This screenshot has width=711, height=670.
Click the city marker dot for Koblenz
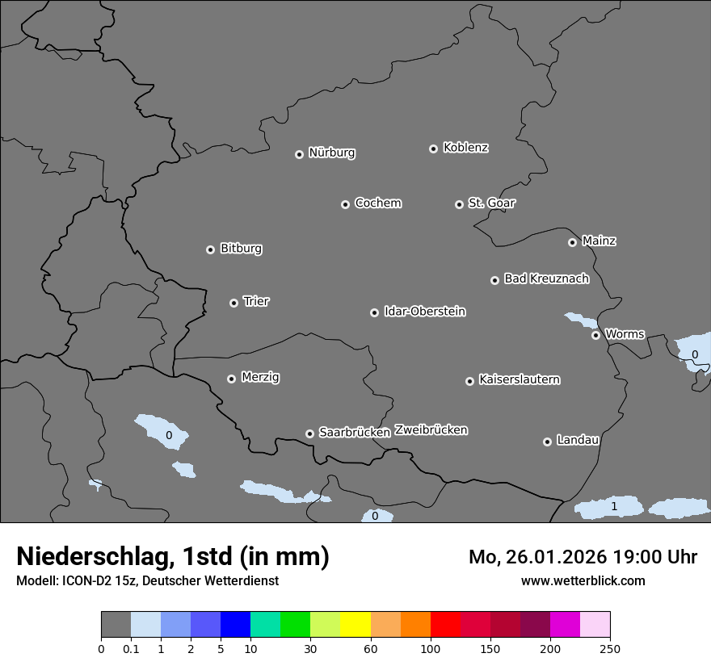click(x=433, y=149)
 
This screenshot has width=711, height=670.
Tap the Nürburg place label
click(x=332, y=153)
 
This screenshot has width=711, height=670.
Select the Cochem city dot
click(x=345, y=204)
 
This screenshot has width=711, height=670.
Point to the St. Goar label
click(x=491, y=203)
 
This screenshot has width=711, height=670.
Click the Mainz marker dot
click(x=572, y=242)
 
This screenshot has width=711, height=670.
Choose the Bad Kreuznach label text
click(x=546, y=278)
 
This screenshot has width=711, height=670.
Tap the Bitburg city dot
click(x=210, y=249)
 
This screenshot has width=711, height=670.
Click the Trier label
click(x=256, y=301)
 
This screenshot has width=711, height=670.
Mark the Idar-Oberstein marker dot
click(x=374, y=312)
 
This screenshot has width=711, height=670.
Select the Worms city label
click(x=625, y=333)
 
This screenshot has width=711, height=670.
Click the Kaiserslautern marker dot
click(x=469, y=381)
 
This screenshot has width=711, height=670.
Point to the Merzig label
click(x=260, y=377)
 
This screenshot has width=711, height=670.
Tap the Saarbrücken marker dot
click(x=309, y=433)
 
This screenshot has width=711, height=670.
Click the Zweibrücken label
click(x=431, y=429)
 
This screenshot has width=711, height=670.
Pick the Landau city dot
click(x=547, y=442)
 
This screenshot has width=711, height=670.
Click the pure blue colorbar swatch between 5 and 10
click(x=235, y=625)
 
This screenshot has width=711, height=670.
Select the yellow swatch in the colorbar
click(x=355, y=625)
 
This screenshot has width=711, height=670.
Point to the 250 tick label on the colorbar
click(x=610, y=648)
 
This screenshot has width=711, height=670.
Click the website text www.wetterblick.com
click(x=583, y=580)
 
